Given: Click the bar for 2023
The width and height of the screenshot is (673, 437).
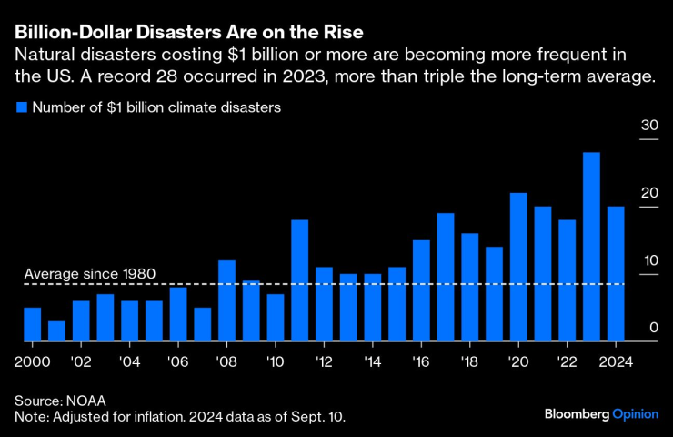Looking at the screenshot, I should (591, 247).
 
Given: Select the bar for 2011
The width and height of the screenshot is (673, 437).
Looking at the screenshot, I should (300, 280).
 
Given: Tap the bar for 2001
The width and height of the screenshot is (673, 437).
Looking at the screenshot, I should (56, 331).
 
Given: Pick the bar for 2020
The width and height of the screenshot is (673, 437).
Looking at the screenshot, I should (518, 267).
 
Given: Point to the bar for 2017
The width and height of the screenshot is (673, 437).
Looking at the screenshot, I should (446, 277).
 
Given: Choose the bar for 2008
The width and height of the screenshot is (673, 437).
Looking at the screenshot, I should (227, 300).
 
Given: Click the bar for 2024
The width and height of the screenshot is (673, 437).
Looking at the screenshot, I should (616, 273).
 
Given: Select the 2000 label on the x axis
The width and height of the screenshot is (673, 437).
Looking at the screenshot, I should (33, 359).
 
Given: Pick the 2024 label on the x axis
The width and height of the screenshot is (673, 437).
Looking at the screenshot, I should (616, 359).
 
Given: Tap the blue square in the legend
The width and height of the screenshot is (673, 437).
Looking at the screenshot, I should (21, 107).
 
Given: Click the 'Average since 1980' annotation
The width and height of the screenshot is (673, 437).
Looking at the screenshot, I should (90, 273).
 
